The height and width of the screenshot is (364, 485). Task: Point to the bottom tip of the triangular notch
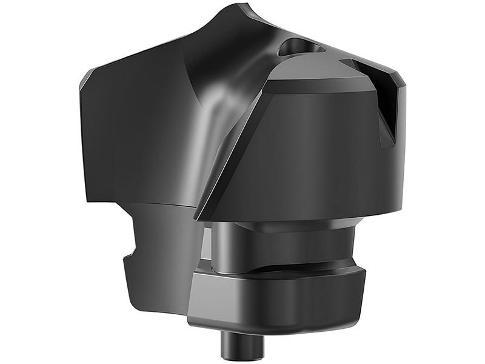pos(390,144)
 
